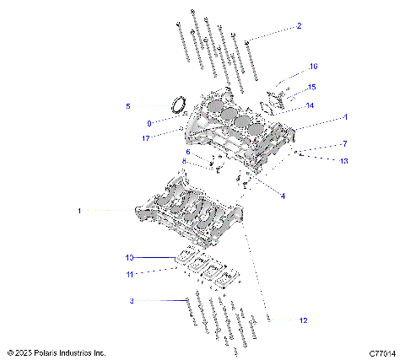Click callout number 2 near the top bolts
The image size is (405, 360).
pos(299,26)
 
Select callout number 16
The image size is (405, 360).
pos(314,66)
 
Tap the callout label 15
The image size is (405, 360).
pos(312,87)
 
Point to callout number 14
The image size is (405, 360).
pos(310,106)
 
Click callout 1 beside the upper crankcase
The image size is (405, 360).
pos(344,116)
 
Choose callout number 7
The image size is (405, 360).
pos(344,143)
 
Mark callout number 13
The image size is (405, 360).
pos(344,160)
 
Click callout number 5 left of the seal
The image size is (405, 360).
pos(128,106)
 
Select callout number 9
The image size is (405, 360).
pos(149,123)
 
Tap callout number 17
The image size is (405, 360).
pos(147,138)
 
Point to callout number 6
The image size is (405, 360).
pos(189,152)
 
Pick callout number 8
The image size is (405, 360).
pos(184,161)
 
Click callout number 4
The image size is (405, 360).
pos(283,196)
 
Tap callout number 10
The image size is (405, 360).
pos(130,257)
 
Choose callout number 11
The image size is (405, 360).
pos(130,272)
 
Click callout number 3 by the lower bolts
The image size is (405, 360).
pos(132,300)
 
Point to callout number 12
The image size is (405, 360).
pos(304,320)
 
